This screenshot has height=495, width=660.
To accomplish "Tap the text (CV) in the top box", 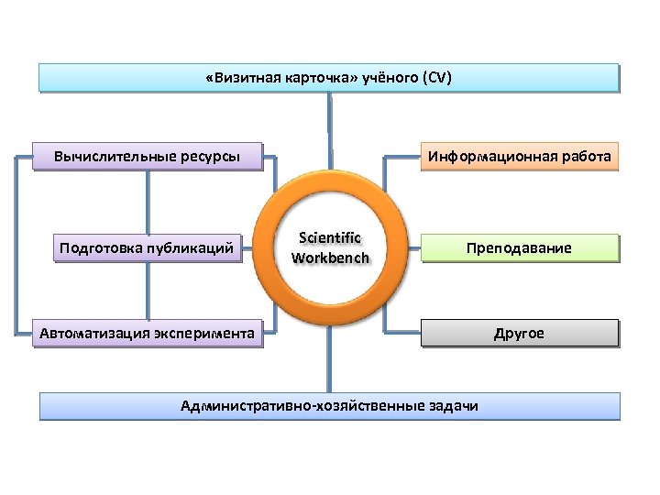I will coord(435,78).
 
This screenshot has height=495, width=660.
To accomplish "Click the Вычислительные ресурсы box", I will coord(147,156).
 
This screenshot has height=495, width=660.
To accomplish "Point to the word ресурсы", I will coord(210,156).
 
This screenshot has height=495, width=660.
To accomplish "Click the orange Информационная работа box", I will coord(519,156).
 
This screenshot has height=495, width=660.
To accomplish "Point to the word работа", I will coord(586,156).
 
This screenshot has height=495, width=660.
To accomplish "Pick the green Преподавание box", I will coord(519,248).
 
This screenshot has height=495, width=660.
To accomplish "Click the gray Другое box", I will coord(519,334).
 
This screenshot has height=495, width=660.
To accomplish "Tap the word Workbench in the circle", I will coord(330,258).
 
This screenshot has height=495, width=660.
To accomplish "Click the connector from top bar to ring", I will coord(330,128).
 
